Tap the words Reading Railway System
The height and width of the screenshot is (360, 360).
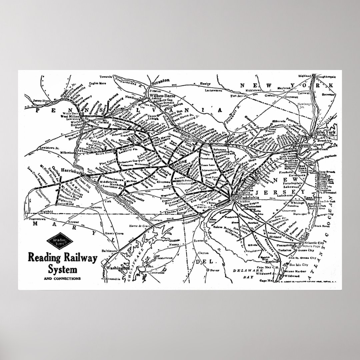[x=62, y=262]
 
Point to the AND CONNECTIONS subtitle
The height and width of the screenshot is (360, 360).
[x=62, y=278]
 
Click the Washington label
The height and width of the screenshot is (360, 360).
[x=117, y=268]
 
